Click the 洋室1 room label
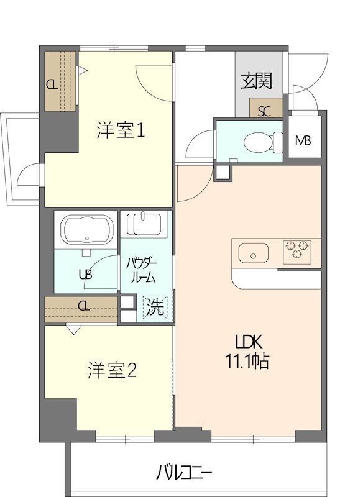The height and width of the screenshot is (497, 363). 121,131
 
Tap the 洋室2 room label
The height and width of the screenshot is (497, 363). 112,371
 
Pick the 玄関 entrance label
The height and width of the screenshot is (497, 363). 257,81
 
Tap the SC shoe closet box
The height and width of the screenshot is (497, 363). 265,112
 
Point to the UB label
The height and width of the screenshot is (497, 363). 85,274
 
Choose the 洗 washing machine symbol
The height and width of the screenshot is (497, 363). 155,306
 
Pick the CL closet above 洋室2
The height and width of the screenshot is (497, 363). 81,306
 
